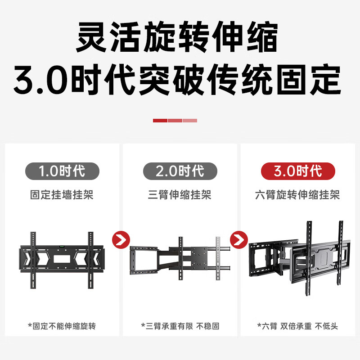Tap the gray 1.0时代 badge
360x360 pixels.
pyautogui.click(x=62, y=171)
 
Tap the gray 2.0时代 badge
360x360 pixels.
pyautogui.click(x=180, y=171)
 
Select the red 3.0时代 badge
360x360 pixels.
pyautogui.click(x=298, y=171)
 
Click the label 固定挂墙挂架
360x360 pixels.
pyautogui.click(x=62, y=195)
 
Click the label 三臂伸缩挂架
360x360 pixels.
pyautogui.click(x=180, y=195)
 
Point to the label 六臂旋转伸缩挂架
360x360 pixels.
pyautogui.click(x=298, y=195)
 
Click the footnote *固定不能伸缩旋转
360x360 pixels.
pyautogui.click(x=62, y=326)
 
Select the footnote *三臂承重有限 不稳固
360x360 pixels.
pyautogui.click(x=180, y=326)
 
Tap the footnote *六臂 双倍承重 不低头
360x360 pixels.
pyautogui.click(x=298, y=326)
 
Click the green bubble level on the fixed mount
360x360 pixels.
pyautogui.click(x=62, y=246)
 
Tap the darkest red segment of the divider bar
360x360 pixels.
pyautogui.click(x=160, y=121)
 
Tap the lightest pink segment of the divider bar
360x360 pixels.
pyautogui.click(x=190, y=121)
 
